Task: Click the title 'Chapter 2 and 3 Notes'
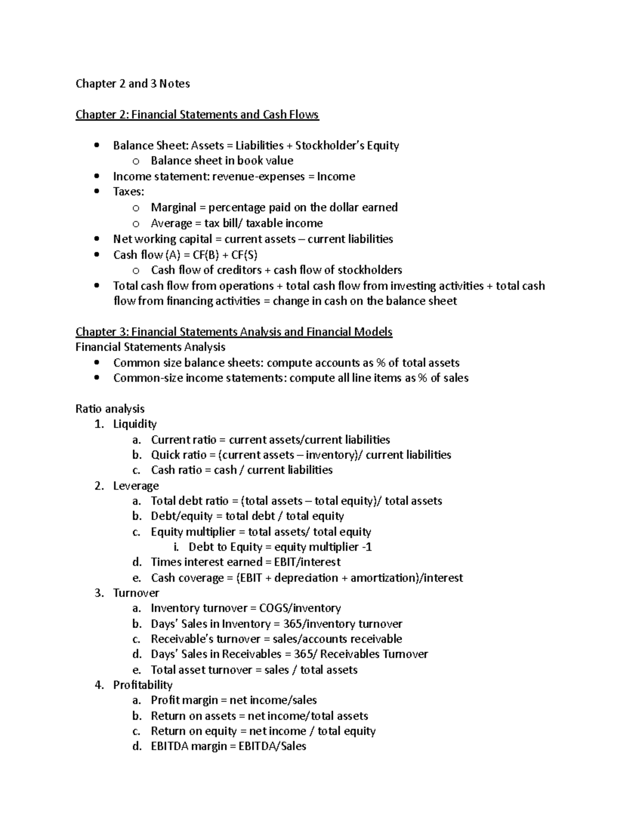coord(132,83)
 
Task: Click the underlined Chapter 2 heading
coord(197,114)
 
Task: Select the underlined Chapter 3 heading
coord(234,332)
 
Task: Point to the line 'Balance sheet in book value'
coord(221,161)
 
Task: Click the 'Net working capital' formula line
coord(253,239)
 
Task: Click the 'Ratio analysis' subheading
coord(110,409)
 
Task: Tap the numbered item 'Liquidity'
coord(134,424)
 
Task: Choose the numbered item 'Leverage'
coord(136,486)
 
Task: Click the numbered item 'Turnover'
coord(136,593)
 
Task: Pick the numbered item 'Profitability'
coord(142,685)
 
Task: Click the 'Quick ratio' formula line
coord(301,455)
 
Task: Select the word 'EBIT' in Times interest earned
coord(286,562)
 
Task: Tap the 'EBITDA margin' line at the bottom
coord(228,746)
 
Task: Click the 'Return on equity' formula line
coord(263,731)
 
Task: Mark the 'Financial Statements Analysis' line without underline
coord(150,347)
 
